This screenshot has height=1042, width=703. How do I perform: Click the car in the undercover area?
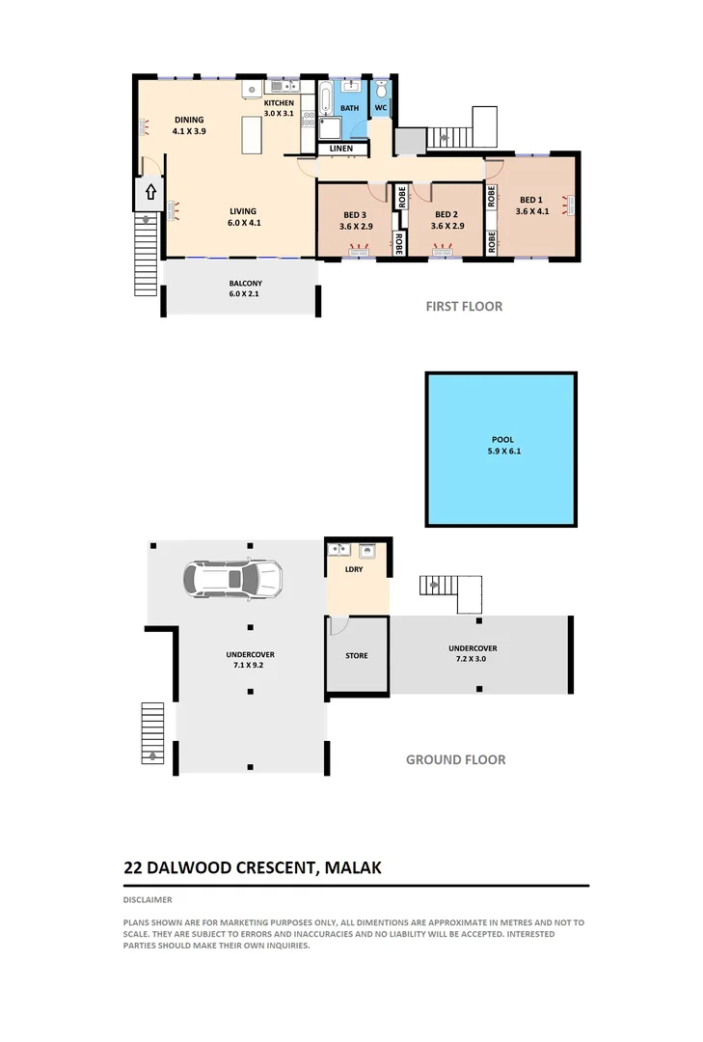click(232, 579)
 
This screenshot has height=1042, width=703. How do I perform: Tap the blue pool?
click(501, 449)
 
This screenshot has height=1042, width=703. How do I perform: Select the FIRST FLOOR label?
click(464, 307)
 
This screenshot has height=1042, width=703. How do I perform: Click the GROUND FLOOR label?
click(455, 759)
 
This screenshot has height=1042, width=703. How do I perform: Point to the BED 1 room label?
click(531, 201)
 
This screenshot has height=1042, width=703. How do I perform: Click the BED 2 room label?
click(445, 215)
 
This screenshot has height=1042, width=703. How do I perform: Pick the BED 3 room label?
click(355, 215)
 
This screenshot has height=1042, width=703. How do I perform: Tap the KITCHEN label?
click(279, 102)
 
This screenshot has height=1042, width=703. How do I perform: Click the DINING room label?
click(189, 120)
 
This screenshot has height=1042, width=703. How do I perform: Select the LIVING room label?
click(243, 211)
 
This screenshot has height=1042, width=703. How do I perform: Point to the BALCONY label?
click(244, 283)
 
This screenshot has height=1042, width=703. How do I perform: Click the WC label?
click(381, 107)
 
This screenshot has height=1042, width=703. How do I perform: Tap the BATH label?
click(349, 107)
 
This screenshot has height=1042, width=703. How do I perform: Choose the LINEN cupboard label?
click(340, 149)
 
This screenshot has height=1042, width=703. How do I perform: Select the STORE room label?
click(357, 656)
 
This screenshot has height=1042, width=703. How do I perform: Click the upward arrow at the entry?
click(150, 192)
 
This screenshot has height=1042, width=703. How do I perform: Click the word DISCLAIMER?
click(148, 899)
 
